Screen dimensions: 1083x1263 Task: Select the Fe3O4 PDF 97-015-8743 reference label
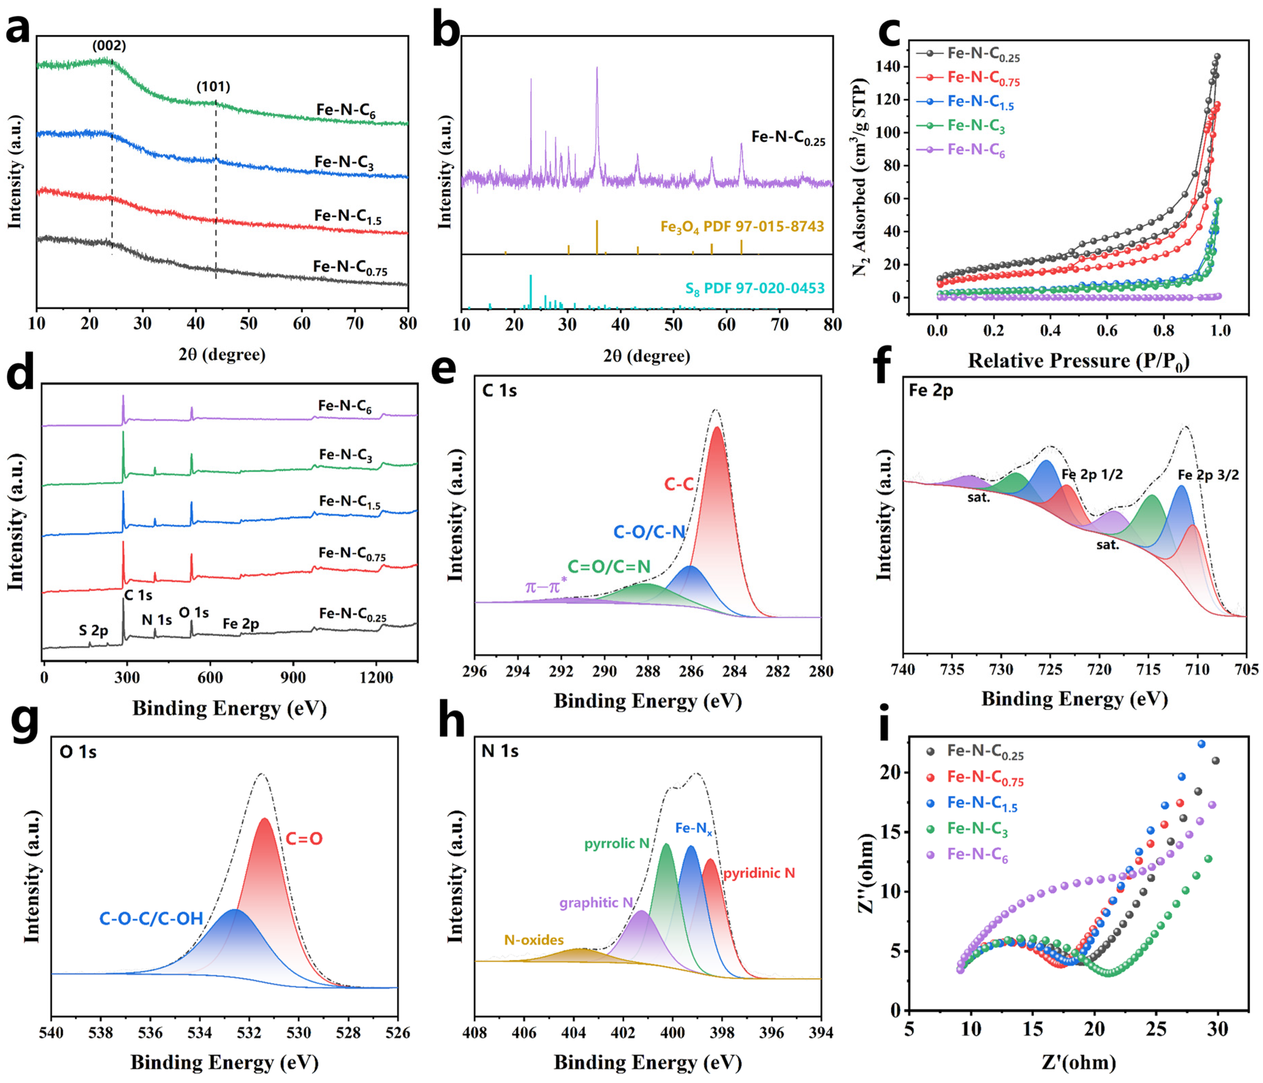(x=742, y=227)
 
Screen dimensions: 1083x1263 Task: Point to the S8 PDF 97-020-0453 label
(x=754, y=289)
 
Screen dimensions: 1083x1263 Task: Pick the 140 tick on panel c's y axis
(x=888, y=67)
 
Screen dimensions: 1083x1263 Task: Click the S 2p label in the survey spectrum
(x=93, y=631)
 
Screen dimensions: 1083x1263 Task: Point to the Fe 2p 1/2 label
(x=1092, y=475)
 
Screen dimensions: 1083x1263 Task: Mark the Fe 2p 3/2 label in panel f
(x=1208, y=475)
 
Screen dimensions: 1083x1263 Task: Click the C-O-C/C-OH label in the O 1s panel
(x=151, y=918)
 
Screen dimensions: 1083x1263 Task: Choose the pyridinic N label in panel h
(x=759, y=873)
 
